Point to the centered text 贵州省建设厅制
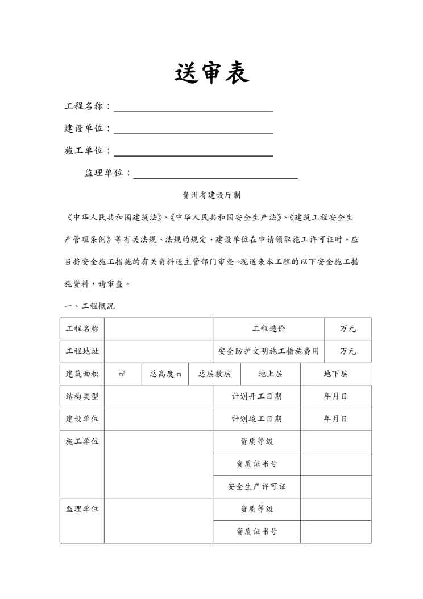click(212, 195)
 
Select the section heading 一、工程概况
click(90, 306)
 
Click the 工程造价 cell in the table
click(268, 329)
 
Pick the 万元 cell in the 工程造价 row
click(347, 329)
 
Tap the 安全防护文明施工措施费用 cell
click(268, 351)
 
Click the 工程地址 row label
click(82, 351)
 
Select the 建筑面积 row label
click(82, 374)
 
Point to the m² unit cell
click(122, 374)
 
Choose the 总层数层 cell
click(214, 374)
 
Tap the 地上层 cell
click(270, 374)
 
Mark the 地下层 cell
click(335, 374)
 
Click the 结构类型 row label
click(82, 396)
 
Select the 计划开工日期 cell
click(256, 396)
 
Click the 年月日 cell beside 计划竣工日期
click(335, 419)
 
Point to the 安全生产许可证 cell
click(256, 487)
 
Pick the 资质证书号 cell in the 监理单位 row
click(256, 532)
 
